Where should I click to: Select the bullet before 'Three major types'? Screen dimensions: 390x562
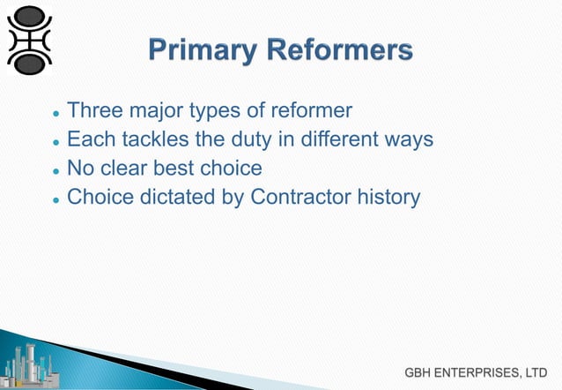tap(55, 114)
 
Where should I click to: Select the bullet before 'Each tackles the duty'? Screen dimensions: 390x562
tap(55, 142)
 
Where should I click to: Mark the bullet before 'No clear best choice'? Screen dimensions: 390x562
tap(55, 170)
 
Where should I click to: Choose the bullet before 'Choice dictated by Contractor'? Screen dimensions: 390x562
tap(55, 199)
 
